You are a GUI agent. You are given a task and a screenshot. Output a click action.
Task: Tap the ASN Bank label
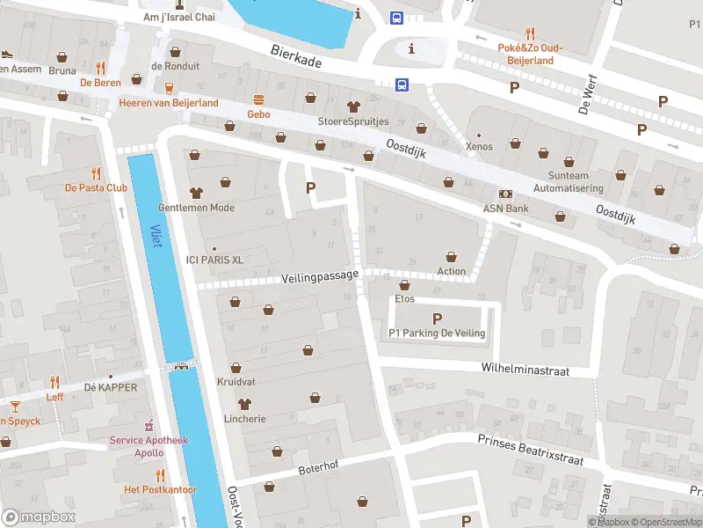(x=505, y=209)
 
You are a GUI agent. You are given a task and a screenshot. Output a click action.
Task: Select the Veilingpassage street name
(x=321, y=276)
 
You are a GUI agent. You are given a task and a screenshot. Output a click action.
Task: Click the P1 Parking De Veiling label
(x=437, y=333)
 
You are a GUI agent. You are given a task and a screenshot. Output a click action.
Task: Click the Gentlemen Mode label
(x=196, y=208)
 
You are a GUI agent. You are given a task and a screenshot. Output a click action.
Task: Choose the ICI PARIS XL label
(x=214, y=260)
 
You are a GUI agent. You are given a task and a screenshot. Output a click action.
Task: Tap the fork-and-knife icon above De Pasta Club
(x=96, y=173)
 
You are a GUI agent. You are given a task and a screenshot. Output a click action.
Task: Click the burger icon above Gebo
(x=258, y=99)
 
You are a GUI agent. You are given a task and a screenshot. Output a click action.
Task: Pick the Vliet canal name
(x=156, y=236)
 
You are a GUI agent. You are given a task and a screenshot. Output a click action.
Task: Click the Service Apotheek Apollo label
(x=137, y=446)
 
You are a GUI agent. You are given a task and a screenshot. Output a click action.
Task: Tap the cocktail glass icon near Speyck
(x=15, y=406)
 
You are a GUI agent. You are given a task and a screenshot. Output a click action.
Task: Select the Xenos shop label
(x=479, y=146)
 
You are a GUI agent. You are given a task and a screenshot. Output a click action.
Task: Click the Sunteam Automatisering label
(x=569, y=182)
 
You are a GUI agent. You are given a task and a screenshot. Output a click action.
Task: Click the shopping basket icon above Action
(x=452, y=255)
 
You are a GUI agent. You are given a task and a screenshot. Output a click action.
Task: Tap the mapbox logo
(x=39, y=517)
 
